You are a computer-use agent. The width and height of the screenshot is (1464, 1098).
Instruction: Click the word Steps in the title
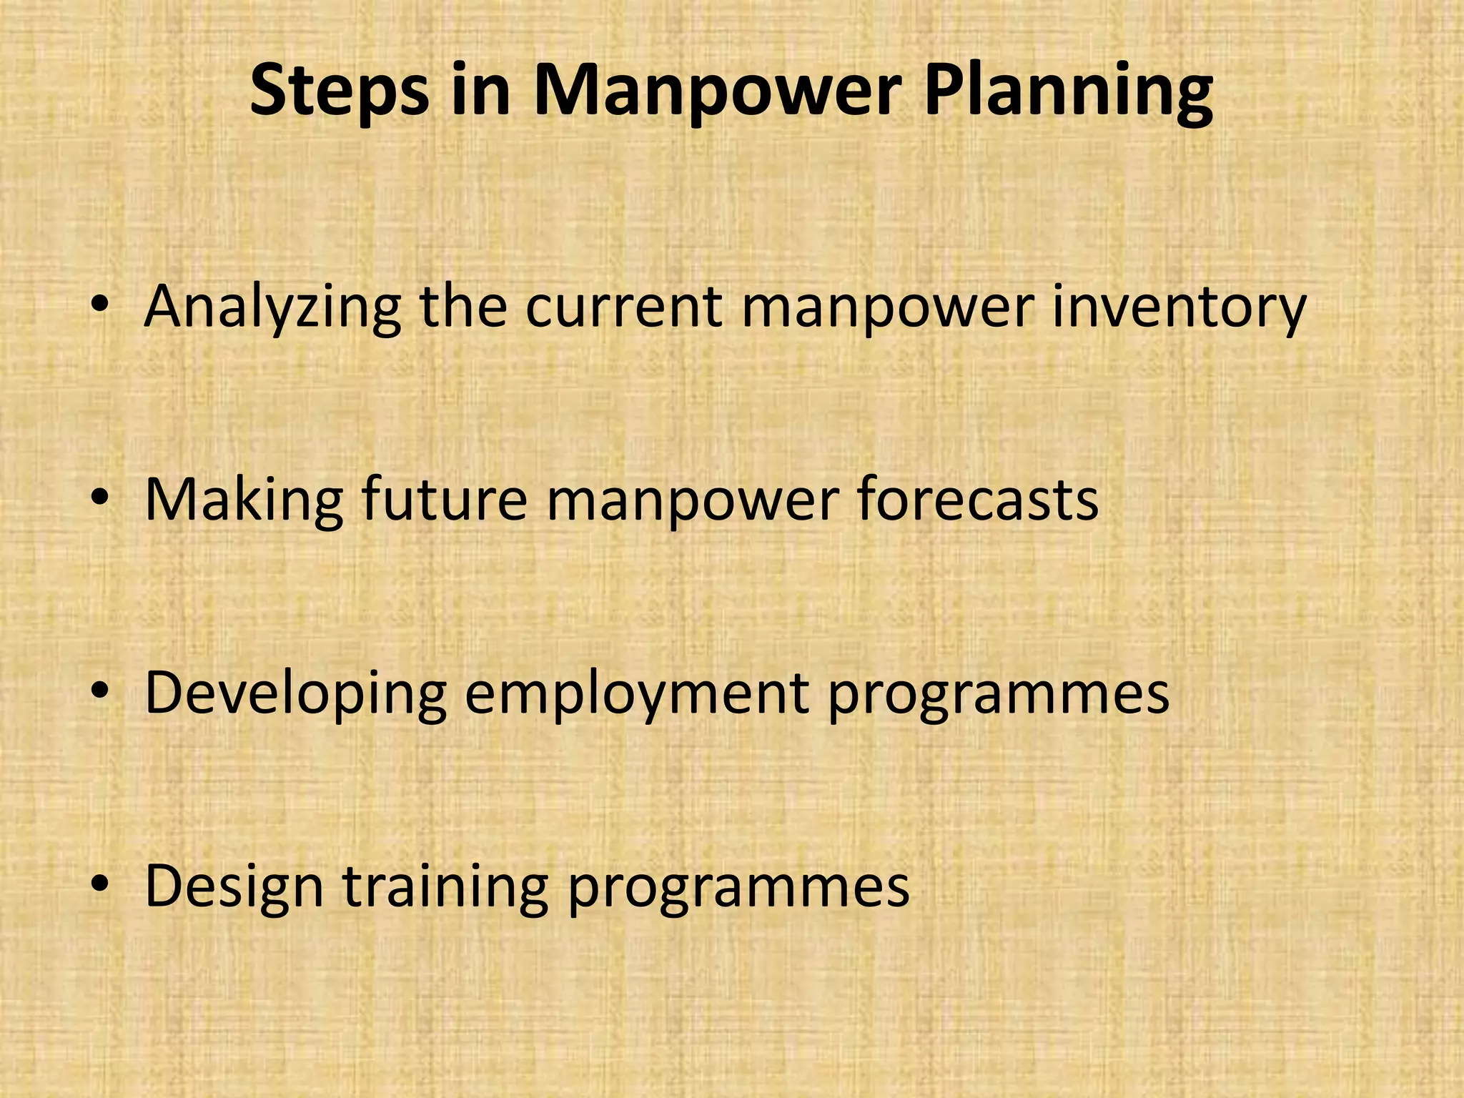click(340, 91)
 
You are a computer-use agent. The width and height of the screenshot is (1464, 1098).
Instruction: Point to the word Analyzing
click(272, 307)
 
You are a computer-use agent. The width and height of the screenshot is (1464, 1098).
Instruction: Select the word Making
click(244, 500)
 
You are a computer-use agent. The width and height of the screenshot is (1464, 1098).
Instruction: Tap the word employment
click(637, 693)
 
